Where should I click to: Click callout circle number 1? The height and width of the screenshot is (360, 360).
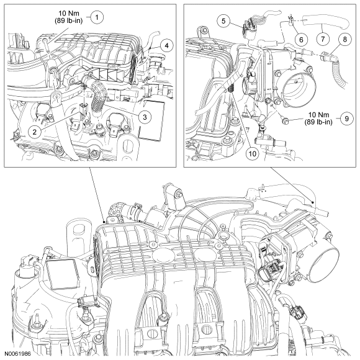(97, 17)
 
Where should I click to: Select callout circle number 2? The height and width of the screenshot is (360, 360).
(34, 132)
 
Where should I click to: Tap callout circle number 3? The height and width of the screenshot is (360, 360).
(145, 117)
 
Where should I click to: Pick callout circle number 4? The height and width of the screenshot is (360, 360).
(167, 45)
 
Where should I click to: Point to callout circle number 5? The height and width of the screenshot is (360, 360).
(223, 21)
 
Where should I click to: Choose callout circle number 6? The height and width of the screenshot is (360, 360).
(301, 40)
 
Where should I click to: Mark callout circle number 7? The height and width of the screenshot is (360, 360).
(323, 39)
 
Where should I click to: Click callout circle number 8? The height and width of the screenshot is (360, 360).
(345, 39)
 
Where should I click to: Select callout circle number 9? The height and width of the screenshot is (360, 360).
(347, 119)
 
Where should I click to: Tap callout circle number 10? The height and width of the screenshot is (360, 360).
(252, 153)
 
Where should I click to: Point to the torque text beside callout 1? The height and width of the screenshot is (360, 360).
(69, 17)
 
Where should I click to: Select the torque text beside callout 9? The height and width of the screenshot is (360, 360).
(318, 118)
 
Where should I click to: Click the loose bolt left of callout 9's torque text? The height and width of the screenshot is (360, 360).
(286, 121)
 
